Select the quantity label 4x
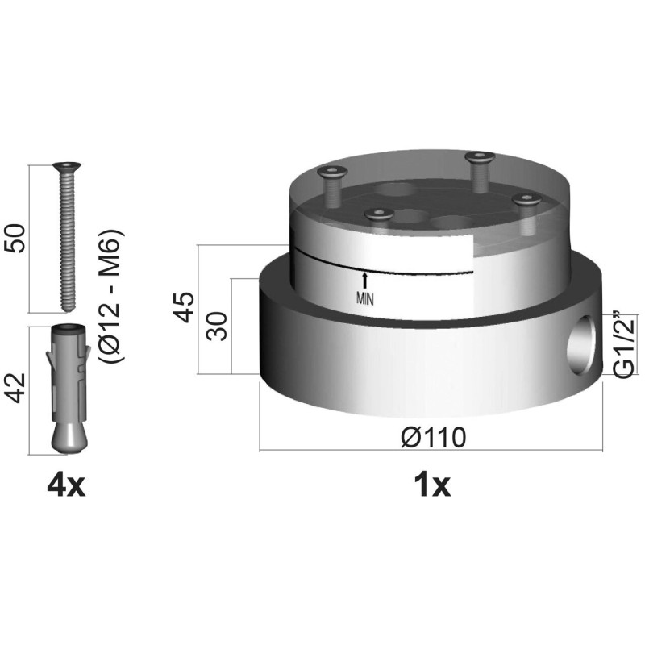coord(66,485)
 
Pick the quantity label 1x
coord(432,485)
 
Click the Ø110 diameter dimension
coord(434,437)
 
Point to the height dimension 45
coord(183,307)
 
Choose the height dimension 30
coord(217,326)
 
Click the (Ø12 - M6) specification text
coord(111,296)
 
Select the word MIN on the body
coord(365,299)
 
